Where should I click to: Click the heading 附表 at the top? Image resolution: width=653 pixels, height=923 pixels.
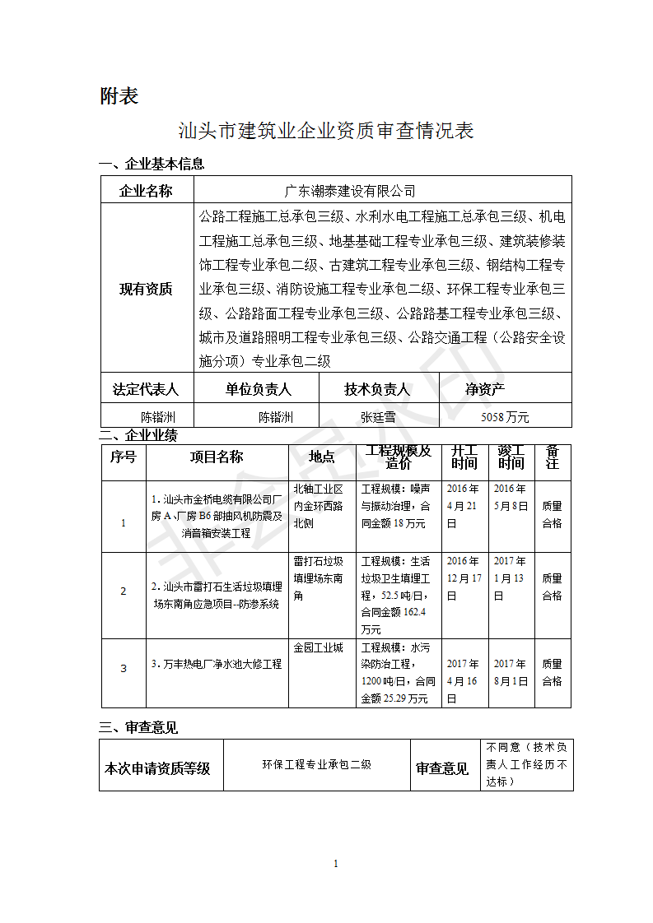point(119,96)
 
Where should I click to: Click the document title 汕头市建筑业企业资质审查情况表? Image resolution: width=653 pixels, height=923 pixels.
point(326,131)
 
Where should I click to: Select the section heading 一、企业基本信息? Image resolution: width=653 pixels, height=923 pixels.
point(152,164)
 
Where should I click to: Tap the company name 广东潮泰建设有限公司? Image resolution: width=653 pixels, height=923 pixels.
point(350,191)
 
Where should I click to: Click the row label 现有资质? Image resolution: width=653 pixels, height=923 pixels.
point(146,289)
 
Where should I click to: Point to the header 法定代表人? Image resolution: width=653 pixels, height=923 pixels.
point(146,388)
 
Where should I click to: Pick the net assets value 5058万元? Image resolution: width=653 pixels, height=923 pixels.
point(505,416)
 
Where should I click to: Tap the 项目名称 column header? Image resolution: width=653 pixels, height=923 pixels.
point(217,457)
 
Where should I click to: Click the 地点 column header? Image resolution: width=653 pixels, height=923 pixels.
point(322,457)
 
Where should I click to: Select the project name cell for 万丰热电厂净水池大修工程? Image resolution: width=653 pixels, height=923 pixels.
point(217,664)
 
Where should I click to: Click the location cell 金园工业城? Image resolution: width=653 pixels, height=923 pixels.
point(318,648)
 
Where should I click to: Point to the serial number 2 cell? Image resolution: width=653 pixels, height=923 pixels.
point(124,591)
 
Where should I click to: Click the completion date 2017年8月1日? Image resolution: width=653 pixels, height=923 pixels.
point(511,672)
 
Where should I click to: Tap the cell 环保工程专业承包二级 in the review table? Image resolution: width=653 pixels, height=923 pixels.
point(316,764)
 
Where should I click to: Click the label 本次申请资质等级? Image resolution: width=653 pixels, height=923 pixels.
point(156,768)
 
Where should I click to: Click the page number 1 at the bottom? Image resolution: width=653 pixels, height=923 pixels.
point(336,863)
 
